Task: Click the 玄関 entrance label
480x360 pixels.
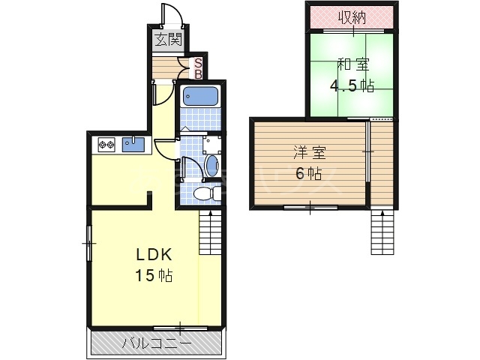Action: (x=169, y=39)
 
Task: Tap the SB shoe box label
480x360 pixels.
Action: (x=198, y=69)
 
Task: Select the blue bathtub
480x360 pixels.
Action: (x=200, y=96)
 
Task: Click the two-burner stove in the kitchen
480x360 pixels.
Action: (x=106, y=145)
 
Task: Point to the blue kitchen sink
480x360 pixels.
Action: (x=133, y=145)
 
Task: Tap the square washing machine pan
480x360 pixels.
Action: (x=211, y=145)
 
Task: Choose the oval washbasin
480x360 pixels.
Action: (x=211, y=165)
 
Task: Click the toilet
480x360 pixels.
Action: (x=207, y=193)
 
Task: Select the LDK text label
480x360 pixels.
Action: (x=154, y=255)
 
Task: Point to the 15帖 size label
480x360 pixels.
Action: (x=154, y=275)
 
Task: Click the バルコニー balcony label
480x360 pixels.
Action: (x=157, y=343)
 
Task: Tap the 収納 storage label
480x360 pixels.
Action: (x=352, y=17)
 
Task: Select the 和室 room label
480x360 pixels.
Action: (x=353, y=64)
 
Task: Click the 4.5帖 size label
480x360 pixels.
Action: (x=352, y=86)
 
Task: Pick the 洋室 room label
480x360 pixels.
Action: (x=309, y=153)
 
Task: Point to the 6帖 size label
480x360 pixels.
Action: (x=308, y=173)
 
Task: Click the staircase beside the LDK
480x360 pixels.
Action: (x=210, y=232)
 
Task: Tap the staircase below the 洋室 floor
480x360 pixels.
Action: (x=382, y=232)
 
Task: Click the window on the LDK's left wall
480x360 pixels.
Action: (x=89, y=243)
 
